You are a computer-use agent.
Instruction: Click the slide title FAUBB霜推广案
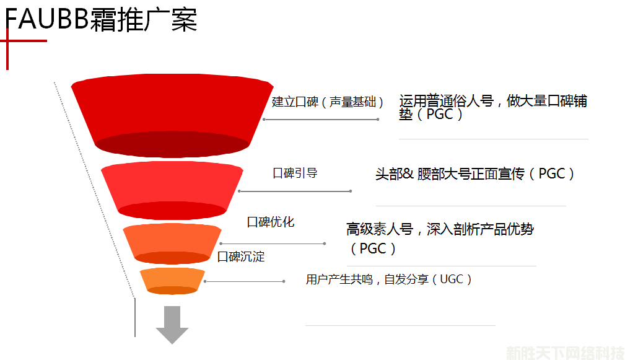point(101,19)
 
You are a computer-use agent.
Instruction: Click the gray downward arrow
point(172,324)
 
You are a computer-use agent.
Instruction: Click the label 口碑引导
point(295,173)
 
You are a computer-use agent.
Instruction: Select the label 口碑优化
point(271,222)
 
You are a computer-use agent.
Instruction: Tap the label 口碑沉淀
point(241,257)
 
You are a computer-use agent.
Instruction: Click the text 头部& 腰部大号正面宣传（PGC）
point(476,174)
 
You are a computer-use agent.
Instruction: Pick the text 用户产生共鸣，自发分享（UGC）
point(390,279)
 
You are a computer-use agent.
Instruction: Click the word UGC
point(451,279)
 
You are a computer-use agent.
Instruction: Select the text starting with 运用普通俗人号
point(493,107)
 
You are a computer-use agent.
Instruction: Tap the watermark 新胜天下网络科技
point(564,353)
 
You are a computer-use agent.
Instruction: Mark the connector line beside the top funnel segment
point(320,120)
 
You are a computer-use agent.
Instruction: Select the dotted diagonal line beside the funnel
point(93,186)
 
